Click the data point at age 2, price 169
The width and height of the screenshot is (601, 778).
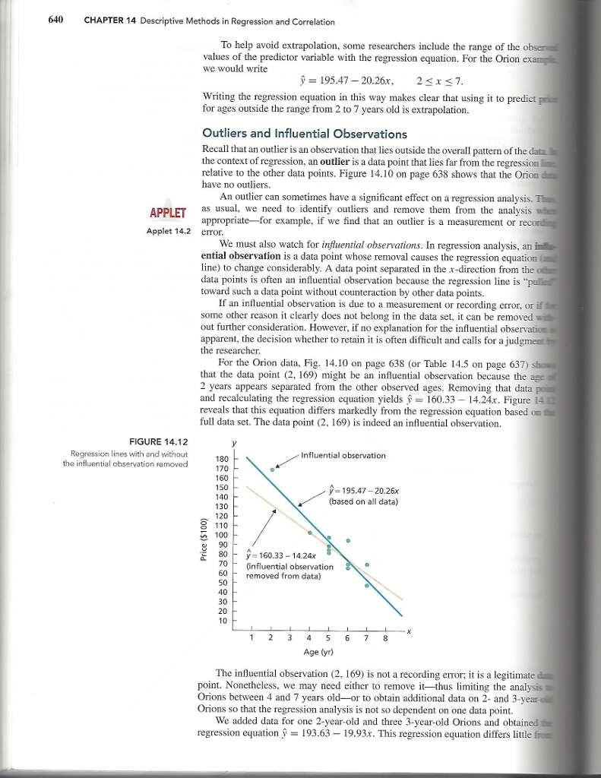pyautogui.click(x=273, y=470)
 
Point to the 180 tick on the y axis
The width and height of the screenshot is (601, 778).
pyautogui.click(x=222, y=459)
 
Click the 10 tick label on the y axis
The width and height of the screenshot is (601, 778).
pyautogui.click(x=222, y=621)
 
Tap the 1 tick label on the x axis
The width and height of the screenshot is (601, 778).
pyautogui.click(x=251, y=637)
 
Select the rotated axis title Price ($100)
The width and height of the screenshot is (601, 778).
pyautogui.click(x=204, y=539)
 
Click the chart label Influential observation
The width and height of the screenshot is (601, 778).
pyautogui.click(x=343, y=455)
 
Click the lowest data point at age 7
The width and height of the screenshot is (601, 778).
pyautogui.click(x=367, y=586)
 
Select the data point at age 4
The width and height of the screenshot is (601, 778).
pyautogui.click(x=310, y=531)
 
